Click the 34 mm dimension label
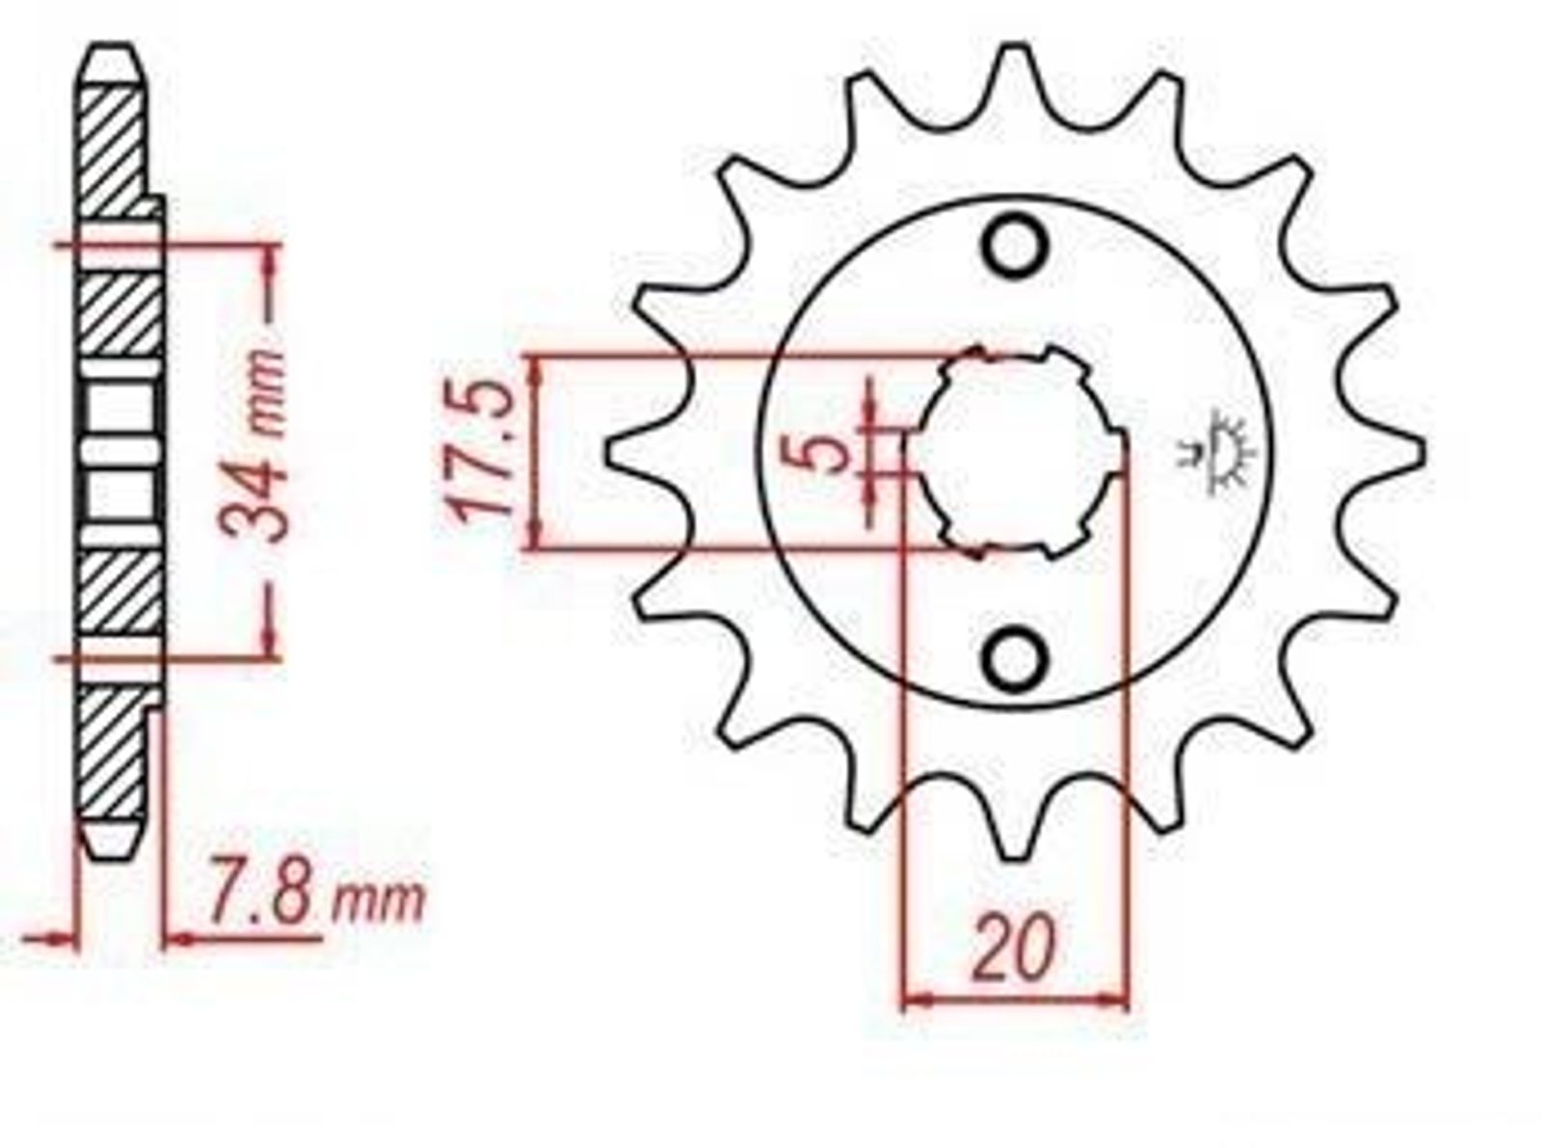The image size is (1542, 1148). tap(252, 445)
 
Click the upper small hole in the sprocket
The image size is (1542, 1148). tap(1015, 249)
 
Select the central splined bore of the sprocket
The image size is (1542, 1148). tap(1021, 453)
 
